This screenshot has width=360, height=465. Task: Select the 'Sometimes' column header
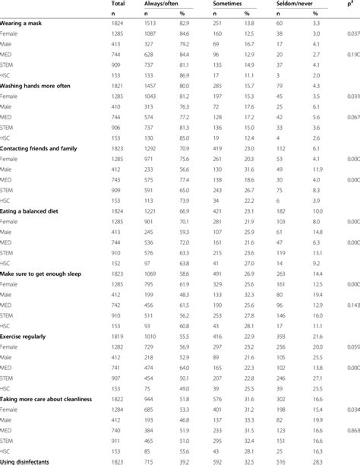[213, 5]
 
